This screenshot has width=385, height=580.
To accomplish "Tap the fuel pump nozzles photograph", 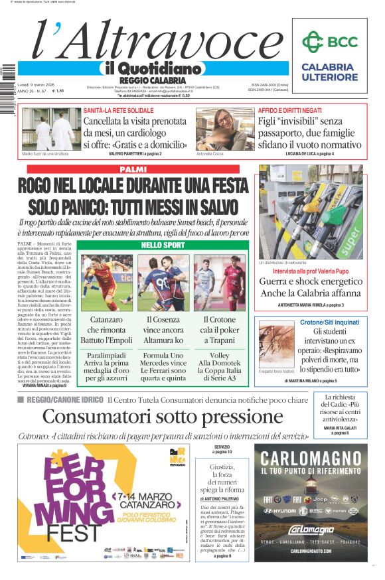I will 310,212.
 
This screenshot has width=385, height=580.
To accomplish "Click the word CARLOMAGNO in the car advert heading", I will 310,459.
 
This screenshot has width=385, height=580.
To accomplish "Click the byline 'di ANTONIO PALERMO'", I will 221,498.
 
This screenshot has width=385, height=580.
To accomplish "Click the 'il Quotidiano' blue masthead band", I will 152,68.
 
